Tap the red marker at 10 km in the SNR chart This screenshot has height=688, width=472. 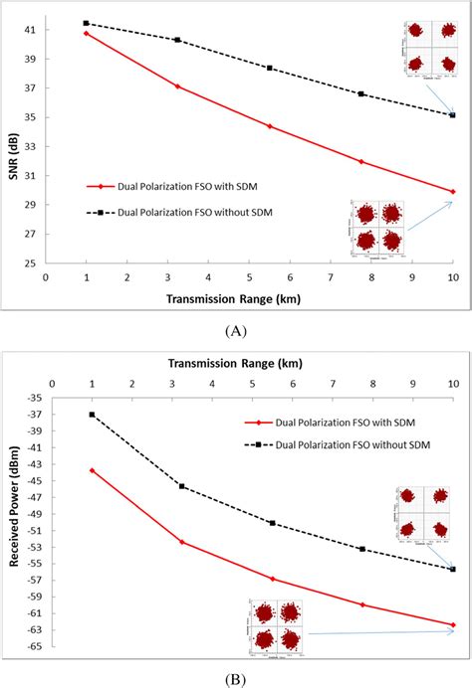point(453,191)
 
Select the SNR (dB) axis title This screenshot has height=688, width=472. point(11,146)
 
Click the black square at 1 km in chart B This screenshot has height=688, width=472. point(93,415)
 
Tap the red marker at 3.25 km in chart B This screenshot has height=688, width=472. point(182,542)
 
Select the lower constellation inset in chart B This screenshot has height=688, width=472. point(275,625)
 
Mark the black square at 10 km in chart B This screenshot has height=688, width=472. point(453,569)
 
